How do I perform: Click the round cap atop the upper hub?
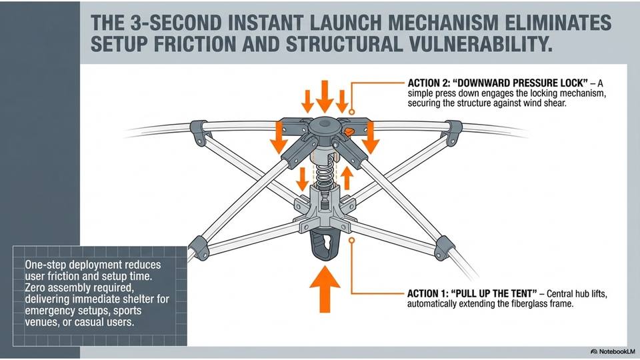325,125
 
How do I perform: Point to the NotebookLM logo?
612,351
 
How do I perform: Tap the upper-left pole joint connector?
198,131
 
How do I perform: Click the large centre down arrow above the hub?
325,97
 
